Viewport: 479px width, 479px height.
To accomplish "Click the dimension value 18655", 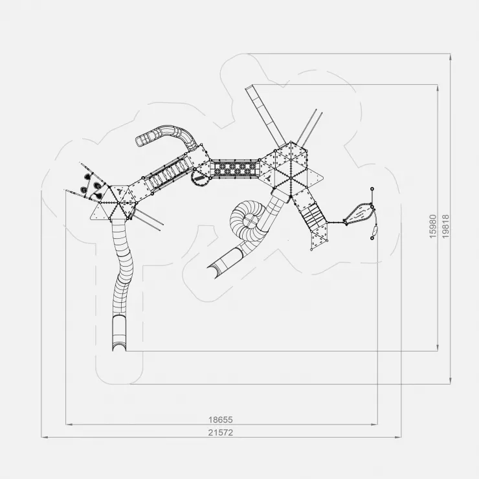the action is click(x=220, y=419).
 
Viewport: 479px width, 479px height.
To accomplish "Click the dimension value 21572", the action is click(x=220, y=432).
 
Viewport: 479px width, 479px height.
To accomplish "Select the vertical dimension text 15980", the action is click(x=432, y=227).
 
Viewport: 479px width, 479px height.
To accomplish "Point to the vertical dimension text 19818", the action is click(x=446, y=227).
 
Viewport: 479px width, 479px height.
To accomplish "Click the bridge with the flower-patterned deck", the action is click(x=234, y=169).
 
